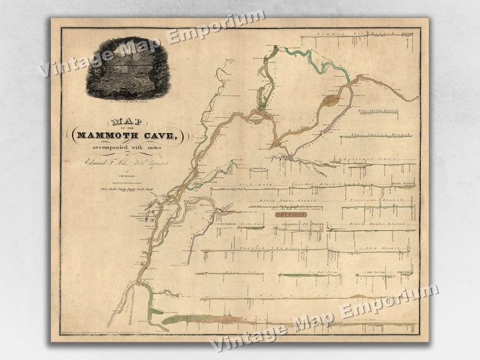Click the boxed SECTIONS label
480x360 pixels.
tap(290, 214)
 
